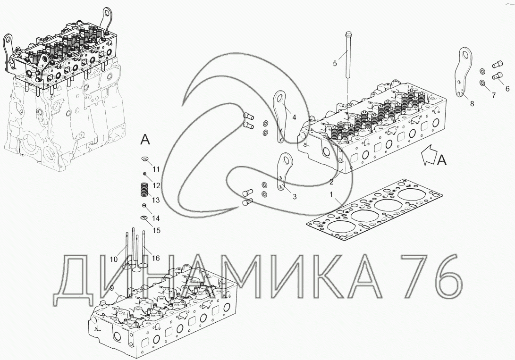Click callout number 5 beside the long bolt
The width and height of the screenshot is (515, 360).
pos(335,63)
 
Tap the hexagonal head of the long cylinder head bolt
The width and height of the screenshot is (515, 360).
pos(348,34)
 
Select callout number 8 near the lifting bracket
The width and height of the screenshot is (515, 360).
pos(472,104)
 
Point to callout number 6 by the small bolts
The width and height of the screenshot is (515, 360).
pos(507,89)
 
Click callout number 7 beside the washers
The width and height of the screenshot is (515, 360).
pos(493,95)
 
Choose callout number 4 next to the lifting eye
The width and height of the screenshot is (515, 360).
pos(294,117)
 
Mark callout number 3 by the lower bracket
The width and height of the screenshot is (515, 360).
pos(295,197)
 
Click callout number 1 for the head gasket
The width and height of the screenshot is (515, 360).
pos(331,194)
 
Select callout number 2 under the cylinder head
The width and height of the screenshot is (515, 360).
pos(332,182)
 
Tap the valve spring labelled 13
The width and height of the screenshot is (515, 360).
pos(144,190)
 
